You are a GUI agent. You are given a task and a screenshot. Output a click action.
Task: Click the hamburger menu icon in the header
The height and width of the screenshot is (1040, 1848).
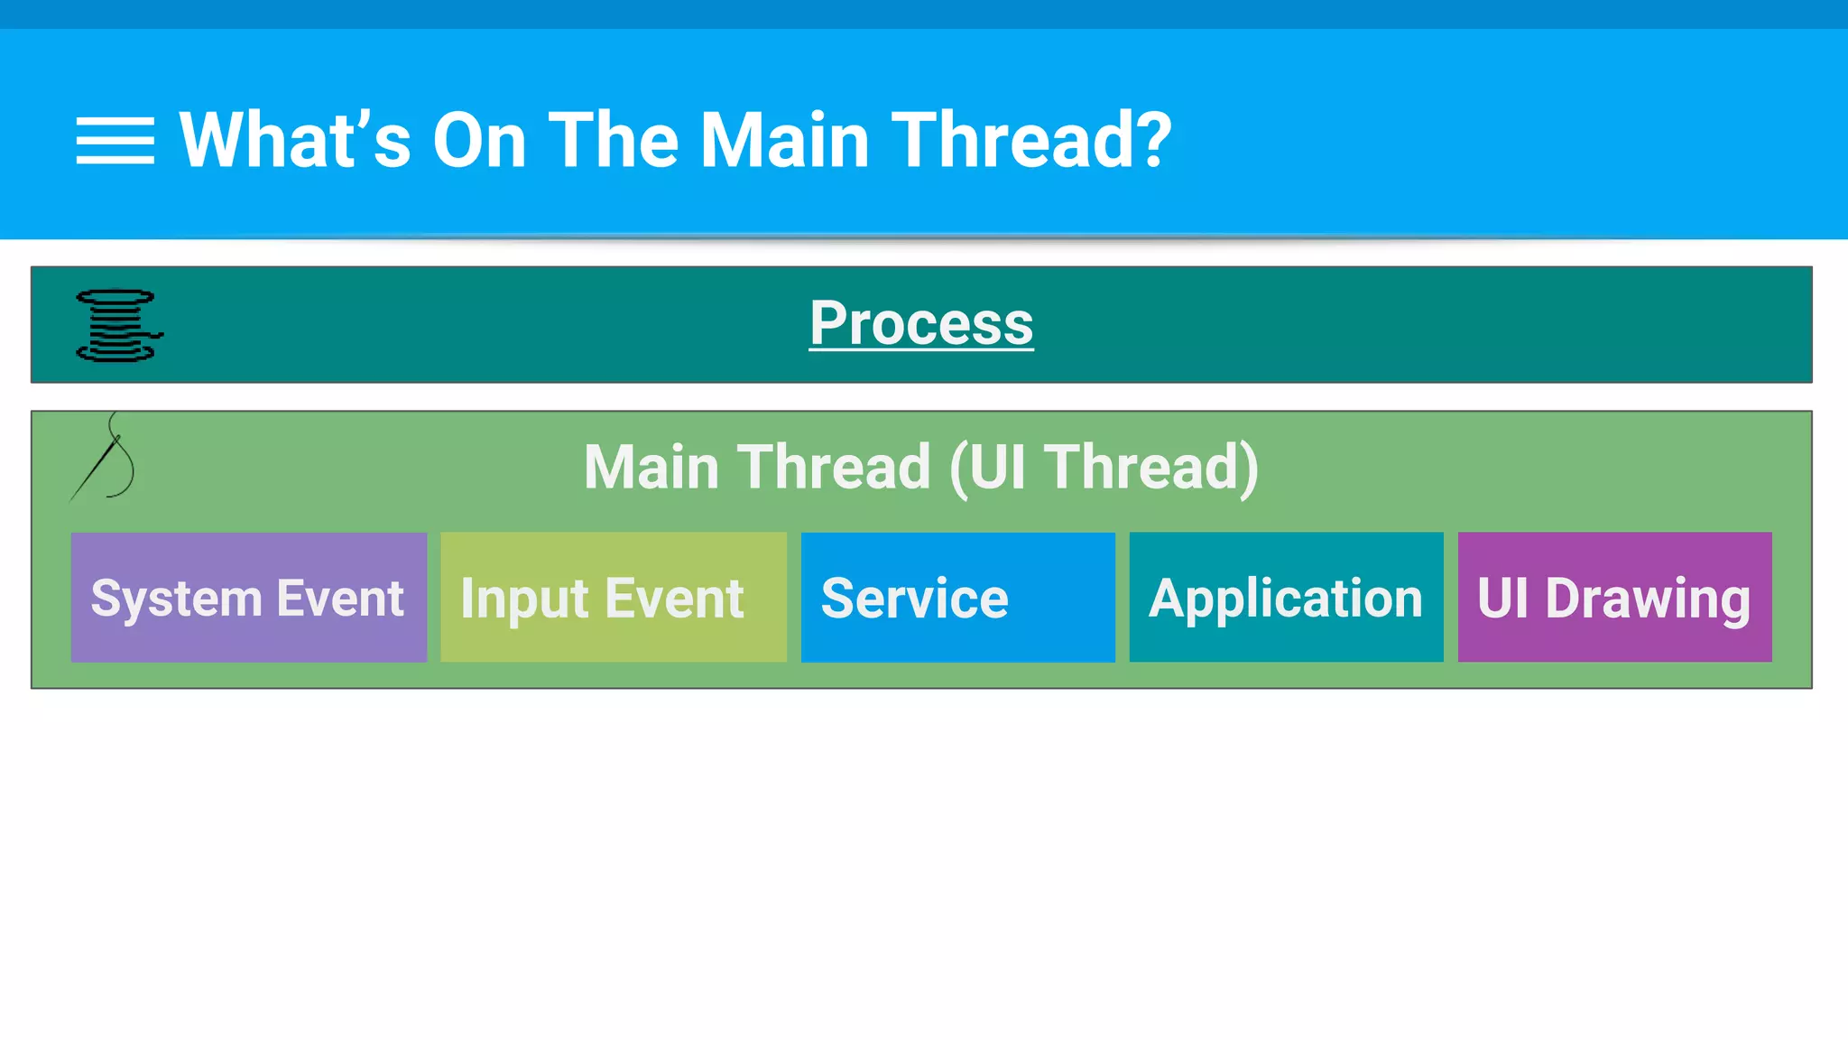(115, 141)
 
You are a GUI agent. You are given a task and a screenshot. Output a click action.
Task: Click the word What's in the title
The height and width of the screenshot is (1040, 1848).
(294, 141)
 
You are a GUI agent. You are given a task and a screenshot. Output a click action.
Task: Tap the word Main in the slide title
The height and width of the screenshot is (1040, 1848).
(784, 141)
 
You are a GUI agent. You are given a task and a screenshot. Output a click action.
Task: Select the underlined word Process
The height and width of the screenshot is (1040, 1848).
(920, 323)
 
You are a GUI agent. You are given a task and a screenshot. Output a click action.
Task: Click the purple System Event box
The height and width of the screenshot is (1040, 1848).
(248, 597)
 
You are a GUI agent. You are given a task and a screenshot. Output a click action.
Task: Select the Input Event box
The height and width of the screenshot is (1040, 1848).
(613, 597)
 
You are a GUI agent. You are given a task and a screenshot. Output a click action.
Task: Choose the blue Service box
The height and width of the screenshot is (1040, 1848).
(957, 597)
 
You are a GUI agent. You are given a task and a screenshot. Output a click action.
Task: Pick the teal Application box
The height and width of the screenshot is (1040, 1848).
(1286, 597)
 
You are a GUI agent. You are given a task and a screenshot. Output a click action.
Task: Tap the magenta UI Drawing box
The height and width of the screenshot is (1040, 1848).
(1614, 597)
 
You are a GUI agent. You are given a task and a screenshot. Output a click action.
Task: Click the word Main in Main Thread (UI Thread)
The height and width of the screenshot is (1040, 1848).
(651, 468)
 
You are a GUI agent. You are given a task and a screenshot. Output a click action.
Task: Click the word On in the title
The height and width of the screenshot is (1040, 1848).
(479, 141)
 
